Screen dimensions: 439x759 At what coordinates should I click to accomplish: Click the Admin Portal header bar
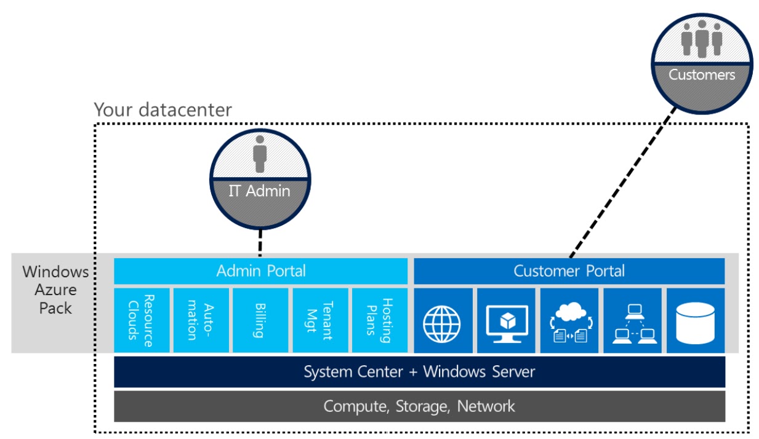point(260,271)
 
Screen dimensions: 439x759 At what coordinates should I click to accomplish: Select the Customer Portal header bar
point(569,271)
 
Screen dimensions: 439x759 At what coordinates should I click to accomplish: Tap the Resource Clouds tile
point(141,320)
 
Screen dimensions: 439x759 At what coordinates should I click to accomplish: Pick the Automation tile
point(200,320)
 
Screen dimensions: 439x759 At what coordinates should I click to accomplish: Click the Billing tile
point(259,320)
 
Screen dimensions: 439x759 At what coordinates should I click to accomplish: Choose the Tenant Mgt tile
point(319,320)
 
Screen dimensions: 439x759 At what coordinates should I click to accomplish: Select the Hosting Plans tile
point(379,320)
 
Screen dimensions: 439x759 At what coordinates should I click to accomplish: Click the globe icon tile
point(443,320)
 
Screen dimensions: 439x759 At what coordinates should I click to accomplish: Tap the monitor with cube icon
point(506,320)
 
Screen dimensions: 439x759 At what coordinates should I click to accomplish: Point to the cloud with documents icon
point(569,320)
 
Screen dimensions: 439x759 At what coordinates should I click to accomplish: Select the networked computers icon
point(633,320)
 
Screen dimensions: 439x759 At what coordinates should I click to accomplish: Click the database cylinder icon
point(695,320)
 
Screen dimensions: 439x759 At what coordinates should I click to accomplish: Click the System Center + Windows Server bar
point(419,372)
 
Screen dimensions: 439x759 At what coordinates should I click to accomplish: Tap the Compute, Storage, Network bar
point(419,406)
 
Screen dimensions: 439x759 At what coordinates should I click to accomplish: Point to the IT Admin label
point(259,191)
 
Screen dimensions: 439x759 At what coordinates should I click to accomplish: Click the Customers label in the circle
point(702,75)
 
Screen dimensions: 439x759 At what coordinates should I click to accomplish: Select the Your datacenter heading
point(163,110)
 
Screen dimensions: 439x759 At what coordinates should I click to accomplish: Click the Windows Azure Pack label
point(55,290)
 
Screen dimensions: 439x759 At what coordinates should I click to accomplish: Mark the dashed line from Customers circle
point(622,184)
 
